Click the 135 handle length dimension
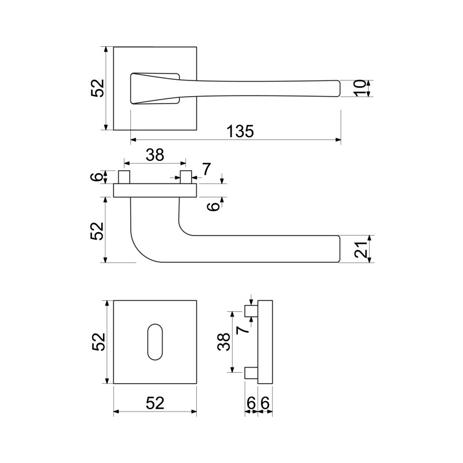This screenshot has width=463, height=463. [x=240, y=131]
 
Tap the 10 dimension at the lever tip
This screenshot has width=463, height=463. [x=359, y=88]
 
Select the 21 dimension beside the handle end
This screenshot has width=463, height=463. [x=361, y=249]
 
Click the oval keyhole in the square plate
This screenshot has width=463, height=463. [x=155, y=342]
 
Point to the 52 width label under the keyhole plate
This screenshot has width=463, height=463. [x=155, y=403]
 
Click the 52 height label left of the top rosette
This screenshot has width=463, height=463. [x=98, y=88]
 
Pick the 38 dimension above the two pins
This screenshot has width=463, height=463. [x=155, y=155]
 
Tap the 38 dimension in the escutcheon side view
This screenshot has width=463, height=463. [x=224, y=341]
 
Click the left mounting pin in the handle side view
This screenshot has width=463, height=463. [x=124, y=177]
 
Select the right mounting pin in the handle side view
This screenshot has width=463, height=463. [x=186, y=177]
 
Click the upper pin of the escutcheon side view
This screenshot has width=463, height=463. [x=251, y=311]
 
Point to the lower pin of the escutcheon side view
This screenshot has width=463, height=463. [x=251, y=373]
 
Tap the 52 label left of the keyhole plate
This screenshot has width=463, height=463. [x=98, y=342]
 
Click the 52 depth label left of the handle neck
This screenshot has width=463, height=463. [x=98, y=231]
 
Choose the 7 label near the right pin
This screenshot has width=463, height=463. [x=207, y=169]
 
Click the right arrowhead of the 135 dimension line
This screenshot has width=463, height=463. [x=339, y=139]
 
